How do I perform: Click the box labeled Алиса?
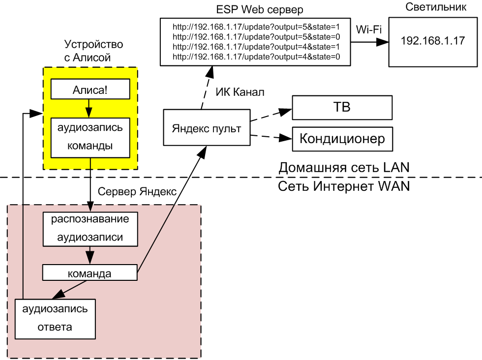(x=90, y=90)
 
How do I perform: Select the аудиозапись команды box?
(x=90, y=137)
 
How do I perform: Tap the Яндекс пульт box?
(x=207, y=129)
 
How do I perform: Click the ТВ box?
(x=342, y=108)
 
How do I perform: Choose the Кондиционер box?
(x=342, y=139)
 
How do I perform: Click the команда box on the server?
(x=89, y=273)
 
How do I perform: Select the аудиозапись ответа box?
(x=55, y=318)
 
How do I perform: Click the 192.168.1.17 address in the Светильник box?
(x=433, y=41)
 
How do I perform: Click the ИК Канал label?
(x=240, y=92)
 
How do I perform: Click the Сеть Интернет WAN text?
(x=344, y=186)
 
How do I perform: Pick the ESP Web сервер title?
(x=253, y=9)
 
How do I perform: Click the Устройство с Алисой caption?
(x=93, y=51)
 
